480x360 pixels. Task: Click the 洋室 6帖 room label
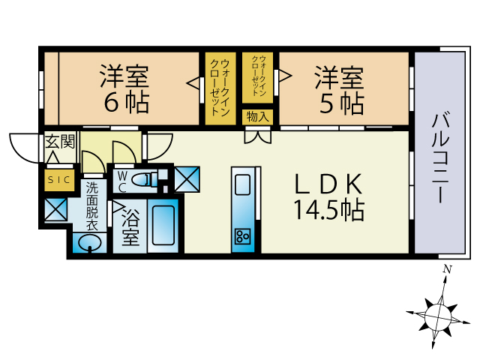[x=125, y=88]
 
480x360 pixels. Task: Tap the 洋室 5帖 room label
[x=340, y=90]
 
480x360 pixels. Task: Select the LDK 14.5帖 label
[x=329, y=197]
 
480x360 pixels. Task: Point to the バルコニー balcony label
[x=440, y=158]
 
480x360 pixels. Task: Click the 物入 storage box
[x=257, y=117]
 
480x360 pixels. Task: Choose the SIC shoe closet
[x=59, y=180]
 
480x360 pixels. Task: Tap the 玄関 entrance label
[x=60, y=142]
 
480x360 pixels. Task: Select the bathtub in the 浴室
[x=163, y=226]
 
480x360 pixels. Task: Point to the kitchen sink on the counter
[x=242, y=184]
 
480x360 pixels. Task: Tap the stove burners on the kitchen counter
[x=242, y=236]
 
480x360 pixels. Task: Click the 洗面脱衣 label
[x=91, y=206]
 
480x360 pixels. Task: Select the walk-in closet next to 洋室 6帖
[x=220, y=88]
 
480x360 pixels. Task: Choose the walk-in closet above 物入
[x=258, y=78]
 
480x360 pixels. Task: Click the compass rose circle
[x=438, y=317]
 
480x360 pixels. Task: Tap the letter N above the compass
[x=448, y=269]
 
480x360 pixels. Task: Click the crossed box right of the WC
[x=187, y=179]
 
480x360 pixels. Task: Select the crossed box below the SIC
[x=55, y=209]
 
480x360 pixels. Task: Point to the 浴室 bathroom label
[x=130, y=228]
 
